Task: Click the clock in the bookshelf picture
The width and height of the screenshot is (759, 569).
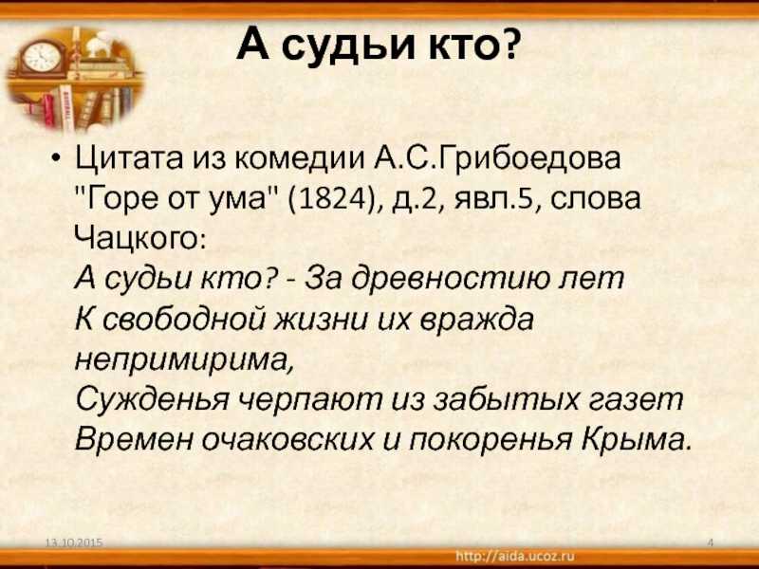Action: coord(42,57)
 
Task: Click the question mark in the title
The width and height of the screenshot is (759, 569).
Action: coord(507,43)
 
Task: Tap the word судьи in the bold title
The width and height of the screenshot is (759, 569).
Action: coord(339,45)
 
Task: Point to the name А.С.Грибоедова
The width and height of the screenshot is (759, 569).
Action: coord(496,158)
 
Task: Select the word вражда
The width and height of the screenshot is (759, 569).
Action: coord(476,320)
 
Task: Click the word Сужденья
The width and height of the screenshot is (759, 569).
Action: coord(152,400)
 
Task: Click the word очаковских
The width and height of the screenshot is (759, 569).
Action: coord(288,440)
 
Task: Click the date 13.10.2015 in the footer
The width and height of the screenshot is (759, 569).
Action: coord(74,542)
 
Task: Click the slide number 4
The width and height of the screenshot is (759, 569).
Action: coord(710,542)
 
